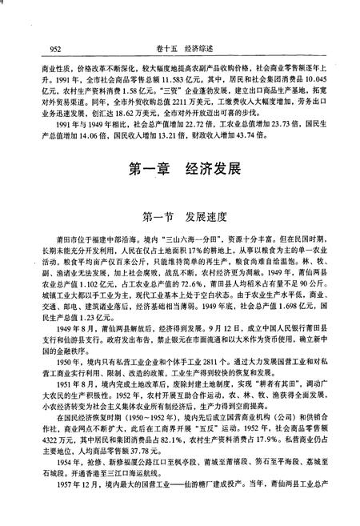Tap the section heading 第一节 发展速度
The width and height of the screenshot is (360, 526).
click(x=180, y=216)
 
